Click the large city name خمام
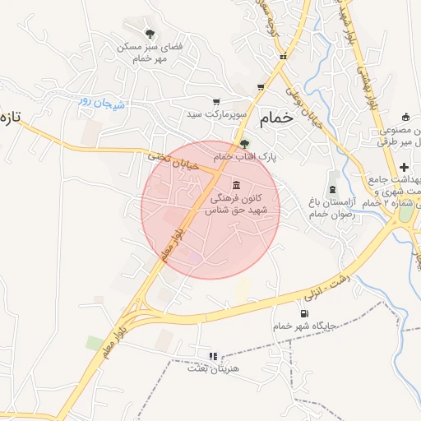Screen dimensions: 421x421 (x=276, y=118)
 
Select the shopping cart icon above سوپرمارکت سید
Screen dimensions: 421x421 (x=216, y=103)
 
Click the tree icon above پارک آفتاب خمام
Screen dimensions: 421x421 (x=243, y=143)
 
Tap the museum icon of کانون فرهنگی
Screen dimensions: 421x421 (x=237, y=184)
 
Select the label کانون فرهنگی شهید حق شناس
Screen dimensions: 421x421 (x=245, y=205)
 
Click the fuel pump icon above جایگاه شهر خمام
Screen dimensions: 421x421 (x=304, y=312)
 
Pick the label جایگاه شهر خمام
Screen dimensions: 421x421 (x=306, y=326)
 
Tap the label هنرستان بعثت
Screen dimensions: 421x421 (x=213, y=368)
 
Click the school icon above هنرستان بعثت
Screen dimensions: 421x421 (x=213, y=356)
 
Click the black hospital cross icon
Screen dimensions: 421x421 (x=404, y=168)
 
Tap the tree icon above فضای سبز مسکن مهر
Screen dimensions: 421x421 (x=150, y=34)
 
